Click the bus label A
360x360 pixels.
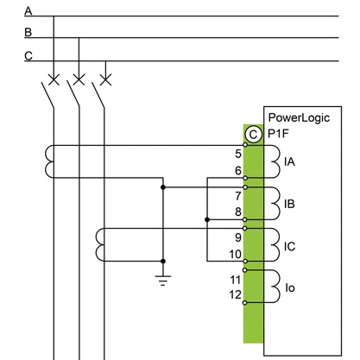[28, 11]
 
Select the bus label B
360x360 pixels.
[28, 32]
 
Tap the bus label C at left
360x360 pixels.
[28, 55]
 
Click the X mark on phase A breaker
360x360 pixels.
[54, 79]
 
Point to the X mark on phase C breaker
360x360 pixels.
[105, 79]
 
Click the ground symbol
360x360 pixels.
[163, 281]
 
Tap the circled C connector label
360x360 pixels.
[253, 135]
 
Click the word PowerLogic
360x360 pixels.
[299, 118]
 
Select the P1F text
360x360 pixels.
[278, 134]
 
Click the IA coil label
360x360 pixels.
[289, 161]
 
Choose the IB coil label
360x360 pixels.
[289, 204]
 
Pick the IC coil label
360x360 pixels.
[290, 247]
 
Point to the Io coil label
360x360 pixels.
[290, 287]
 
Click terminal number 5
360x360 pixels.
[238, 154]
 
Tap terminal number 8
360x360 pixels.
[238, 212]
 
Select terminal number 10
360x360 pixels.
[235, 254]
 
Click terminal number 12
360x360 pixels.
[235, 294]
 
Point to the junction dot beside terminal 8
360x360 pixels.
[207, 219]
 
